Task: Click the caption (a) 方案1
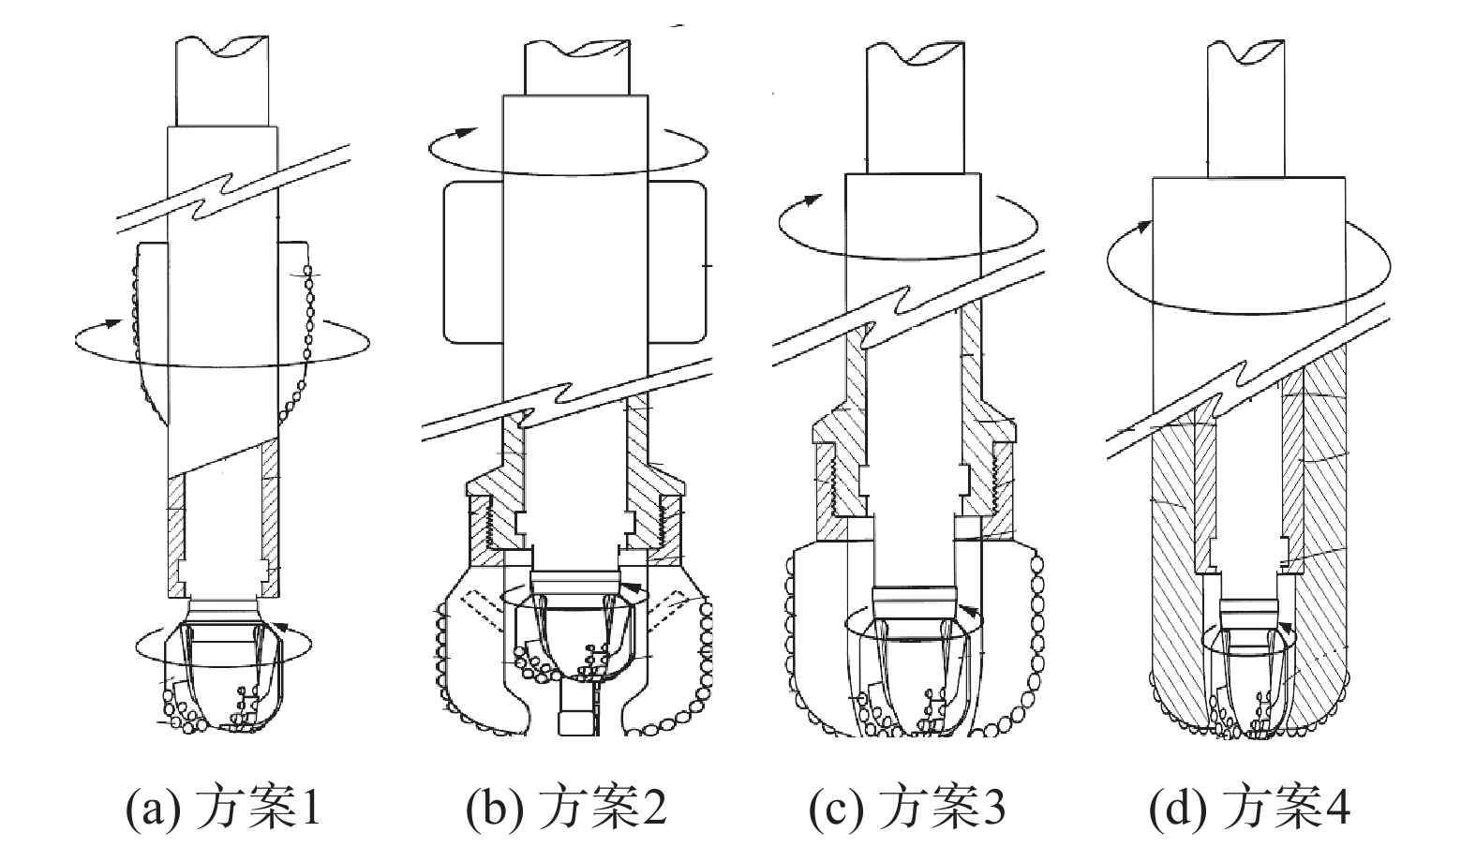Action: point(223,808)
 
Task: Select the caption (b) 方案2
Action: point(566,808)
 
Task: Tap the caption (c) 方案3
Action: point(907,808)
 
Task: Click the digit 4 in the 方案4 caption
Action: point(1338,808)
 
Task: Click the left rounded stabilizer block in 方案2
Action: point(472,261)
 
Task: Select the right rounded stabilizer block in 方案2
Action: point(676,261)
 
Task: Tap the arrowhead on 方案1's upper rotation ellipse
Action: point(112,323)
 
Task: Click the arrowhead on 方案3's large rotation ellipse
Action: point(812,199)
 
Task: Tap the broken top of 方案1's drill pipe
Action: point(222,47)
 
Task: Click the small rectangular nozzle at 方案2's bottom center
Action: point(572,722)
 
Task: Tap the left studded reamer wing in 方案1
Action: point(146,328)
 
